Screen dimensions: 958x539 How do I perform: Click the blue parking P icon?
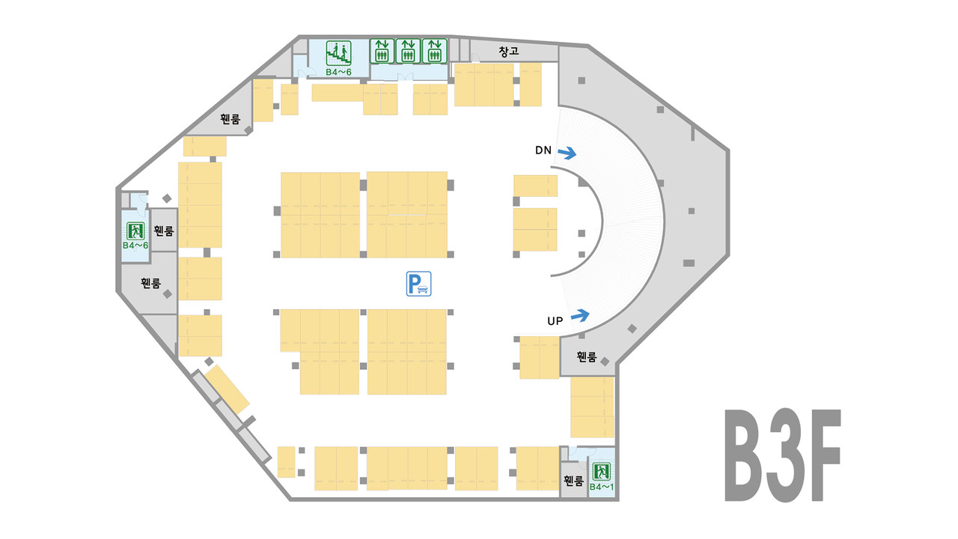[419, 284]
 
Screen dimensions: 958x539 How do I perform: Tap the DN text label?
[543, 150]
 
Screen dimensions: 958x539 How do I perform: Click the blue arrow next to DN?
[567, 153]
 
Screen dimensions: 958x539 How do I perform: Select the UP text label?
[555, 321]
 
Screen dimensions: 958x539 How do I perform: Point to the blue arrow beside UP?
[580, 315]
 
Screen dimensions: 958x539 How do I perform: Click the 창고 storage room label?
[509, 52]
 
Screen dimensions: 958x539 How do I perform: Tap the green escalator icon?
[339, 52]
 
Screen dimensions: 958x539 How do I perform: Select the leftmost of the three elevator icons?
[382, 51]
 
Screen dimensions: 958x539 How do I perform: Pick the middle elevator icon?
[408, 51]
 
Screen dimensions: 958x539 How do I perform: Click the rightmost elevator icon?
[434, 51]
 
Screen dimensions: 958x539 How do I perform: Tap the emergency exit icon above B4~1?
[601, 472]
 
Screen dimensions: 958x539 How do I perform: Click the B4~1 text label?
[601, 487]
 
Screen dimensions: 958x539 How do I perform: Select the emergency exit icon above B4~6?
[135, 231]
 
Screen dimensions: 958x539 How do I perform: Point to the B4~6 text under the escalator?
[338, 72]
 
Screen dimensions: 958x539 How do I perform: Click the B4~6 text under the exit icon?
[135, 245]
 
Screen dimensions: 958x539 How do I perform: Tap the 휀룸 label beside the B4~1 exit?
[573, 481]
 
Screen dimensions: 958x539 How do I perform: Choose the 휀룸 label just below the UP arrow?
[587, 357]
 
